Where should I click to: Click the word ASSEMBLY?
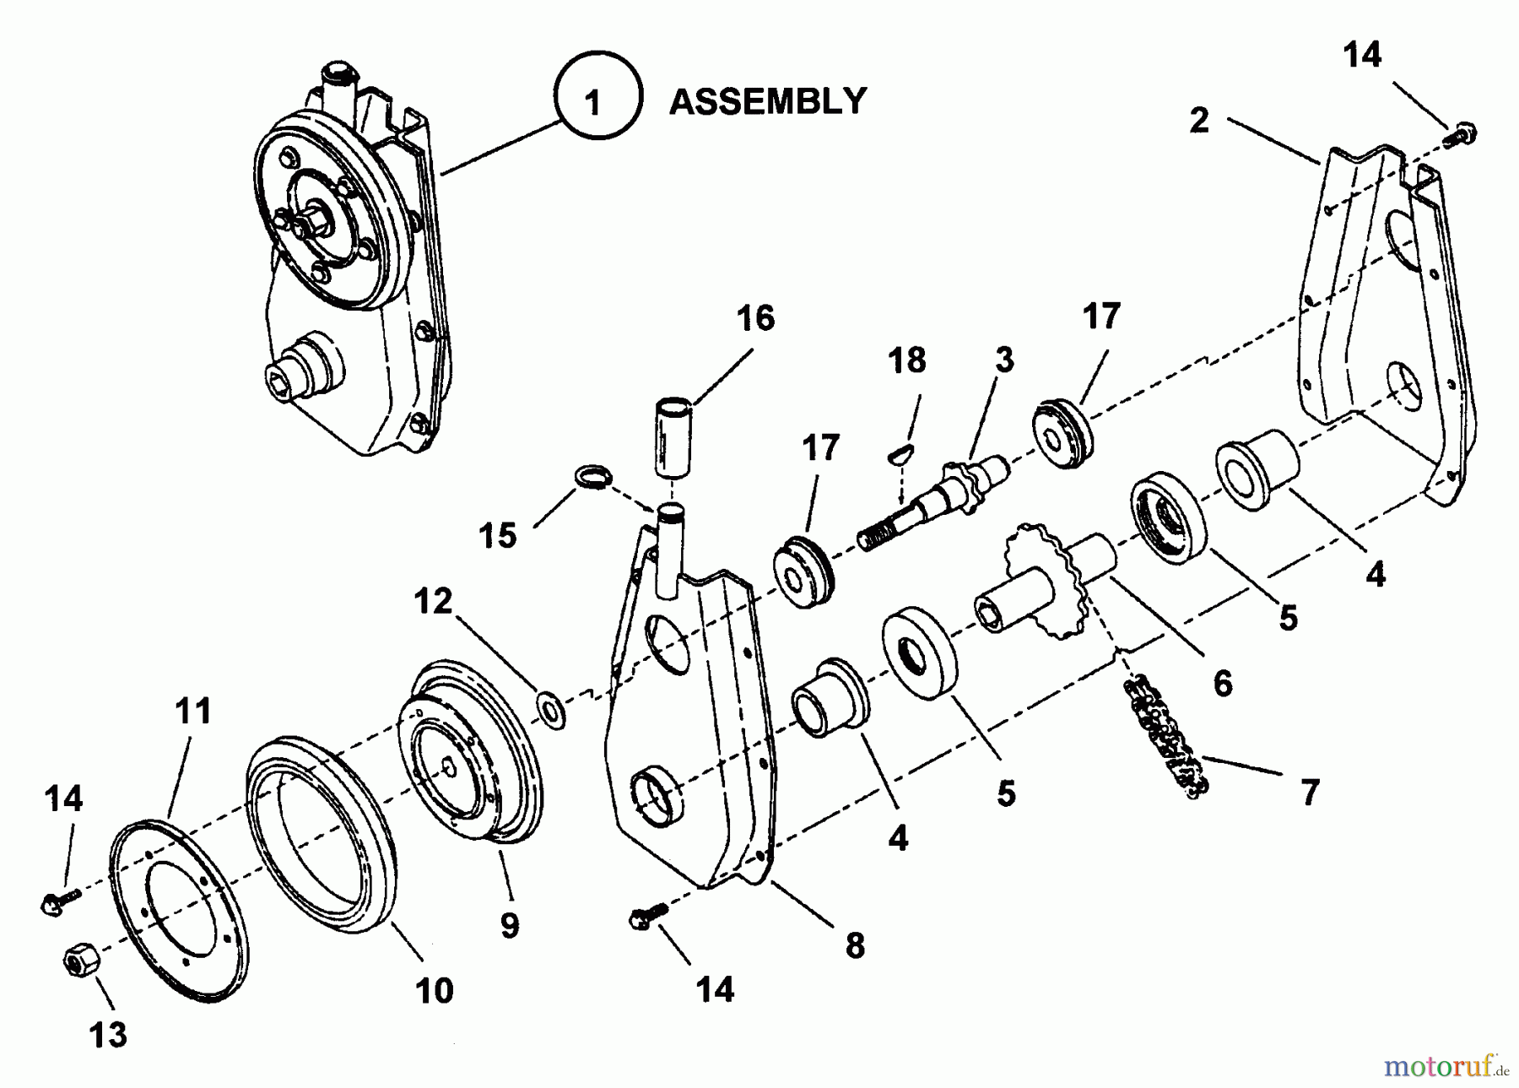[767, 101]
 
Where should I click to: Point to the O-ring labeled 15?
[592, 477]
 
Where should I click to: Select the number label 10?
[435, 989]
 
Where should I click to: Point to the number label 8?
[855, 945]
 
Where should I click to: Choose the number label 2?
[1199, 121]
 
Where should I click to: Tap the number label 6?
[1223, 683]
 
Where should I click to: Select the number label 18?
[907, 360]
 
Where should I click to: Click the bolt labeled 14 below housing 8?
[647, 915]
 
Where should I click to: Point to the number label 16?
[755, 318]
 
